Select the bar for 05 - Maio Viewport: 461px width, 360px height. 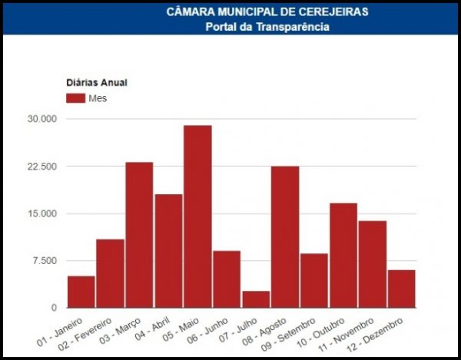[197, 216]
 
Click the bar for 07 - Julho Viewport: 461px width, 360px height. [256, 299]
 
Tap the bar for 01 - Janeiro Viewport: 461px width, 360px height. [81, 292]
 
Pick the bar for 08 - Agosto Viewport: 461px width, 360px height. [285, 236]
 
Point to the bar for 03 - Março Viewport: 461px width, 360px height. [139, 235]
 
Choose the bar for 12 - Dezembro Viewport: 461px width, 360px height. [401, 289]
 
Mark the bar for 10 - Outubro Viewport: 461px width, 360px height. [343, 255]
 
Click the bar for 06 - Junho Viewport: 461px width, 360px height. [227, 279]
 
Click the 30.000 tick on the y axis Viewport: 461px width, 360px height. [42, 119]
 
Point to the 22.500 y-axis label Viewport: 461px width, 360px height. [42, 167]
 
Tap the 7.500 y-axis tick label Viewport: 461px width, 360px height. [45, 261]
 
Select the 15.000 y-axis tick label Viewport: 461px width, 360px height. [42, 213]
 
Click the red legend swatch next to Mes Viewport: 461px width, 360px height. [75, 98]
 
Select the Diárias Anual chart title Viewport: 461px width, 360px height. [95, 82]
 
